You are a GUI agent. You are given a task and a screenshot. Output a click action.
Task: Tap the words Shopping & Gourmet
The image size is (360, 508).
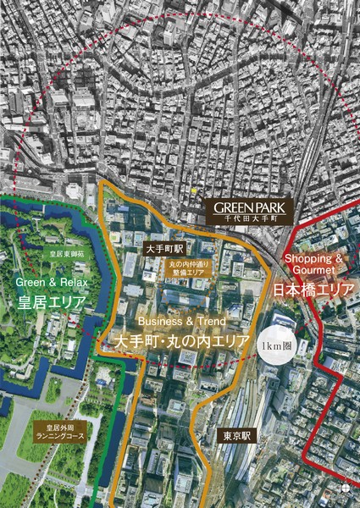tap(313, 263)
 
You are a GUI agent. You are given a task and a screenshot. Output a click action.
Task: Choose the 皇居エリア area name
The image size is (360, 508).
tap(47, 301)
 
